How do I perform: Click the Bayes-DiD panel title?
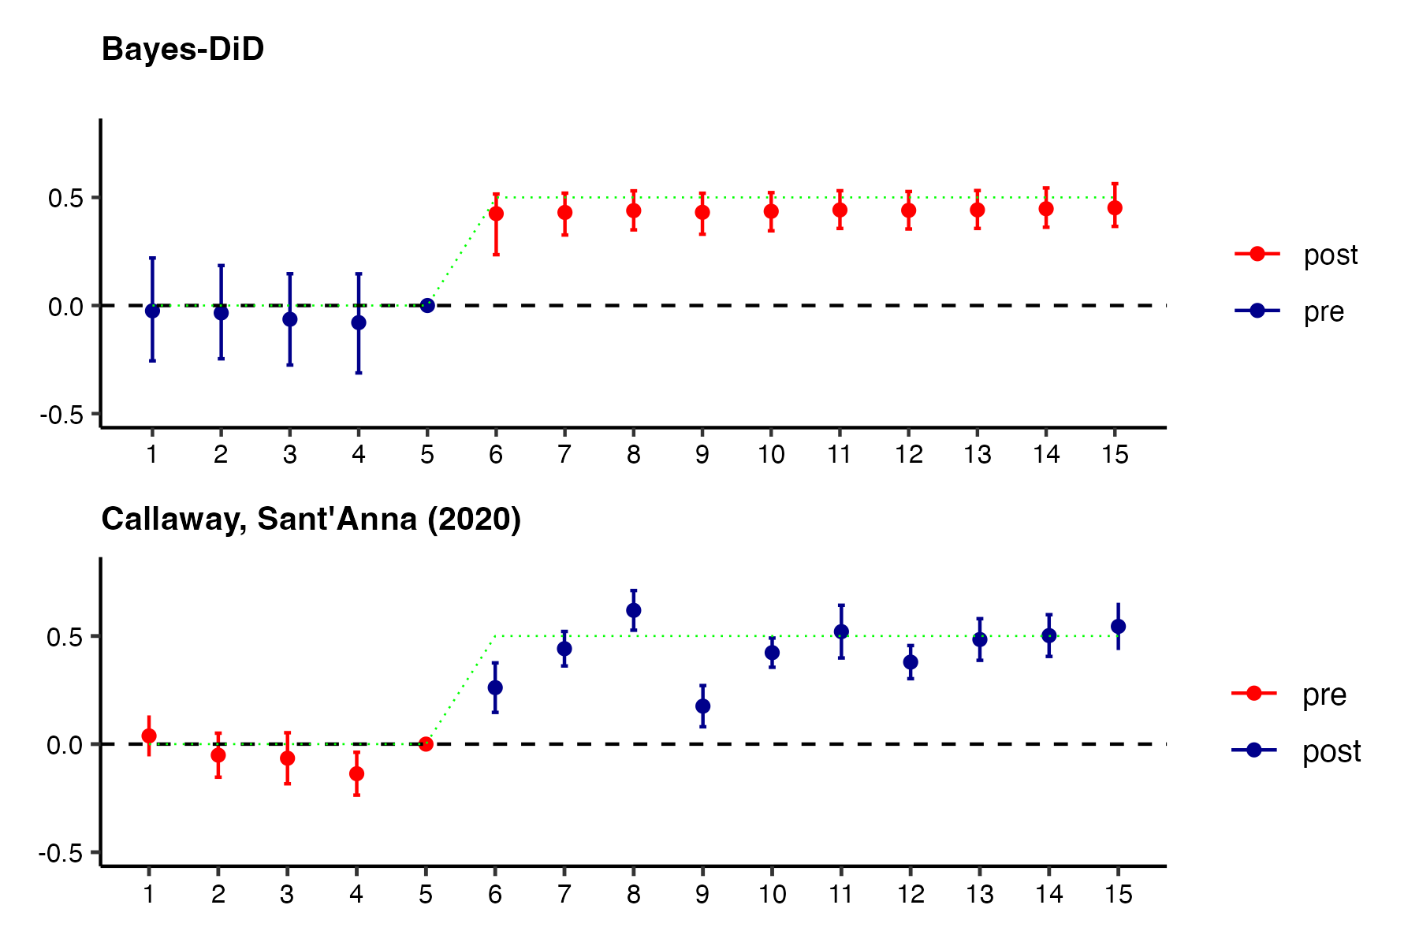183,50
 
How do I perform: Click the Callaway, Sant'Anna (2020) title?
311,520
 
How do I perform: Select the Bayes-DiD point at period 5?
427,305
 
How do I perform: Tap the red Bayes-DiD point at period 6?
496,214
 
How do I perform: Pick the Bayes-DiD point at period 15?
1115,208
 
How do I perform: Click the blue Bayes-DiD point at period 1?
152,311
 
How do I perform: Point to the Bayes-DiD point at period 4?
359,322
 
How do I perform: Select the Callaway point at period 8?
634,610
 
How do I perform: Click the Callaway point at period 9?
702,706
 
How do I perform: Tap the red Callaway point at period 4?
356,774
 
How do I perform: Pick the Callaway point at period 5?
426,744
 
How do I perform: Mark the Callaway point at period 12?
911,662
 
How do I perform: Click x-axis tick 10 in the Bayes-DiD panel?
771,455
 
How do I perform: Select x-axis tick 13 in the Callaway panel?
979,894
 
